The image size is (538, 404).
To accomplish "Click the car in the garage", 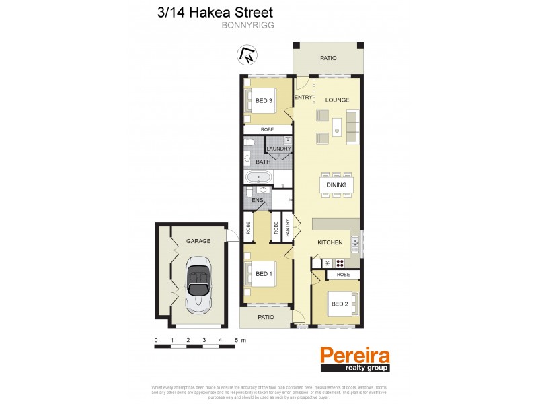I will pos(198,282).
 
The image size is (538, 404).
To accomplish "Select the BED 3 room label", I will pos(264,102).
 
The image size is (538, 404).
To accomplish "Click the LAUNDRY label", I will pos(278,149).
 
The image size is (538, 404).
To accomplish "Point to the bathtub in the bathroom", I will pos(259,178).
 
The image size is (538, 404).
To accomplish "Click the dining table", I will pos(336,185).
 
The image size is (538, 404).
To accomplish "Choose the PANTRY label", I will pos(288,229).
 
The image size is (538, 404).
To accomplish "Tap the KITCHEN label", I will pos(330,242).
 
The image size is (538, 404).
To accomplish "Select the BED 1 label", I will pos(264,274).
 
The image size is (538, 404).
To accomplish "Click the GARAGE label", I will pos(199,241).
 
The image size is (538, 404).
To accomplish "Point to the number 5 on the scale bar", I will pos(236,340).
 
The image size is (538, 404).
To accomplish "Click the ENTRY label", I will pos(303,98).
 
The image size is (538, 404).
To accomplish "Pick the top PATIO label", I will pos(328,58).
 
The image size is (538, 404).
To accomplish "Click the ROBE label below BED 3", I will pos(267,129).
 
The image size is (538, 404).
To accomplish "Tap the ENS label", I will pos(256,200).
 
